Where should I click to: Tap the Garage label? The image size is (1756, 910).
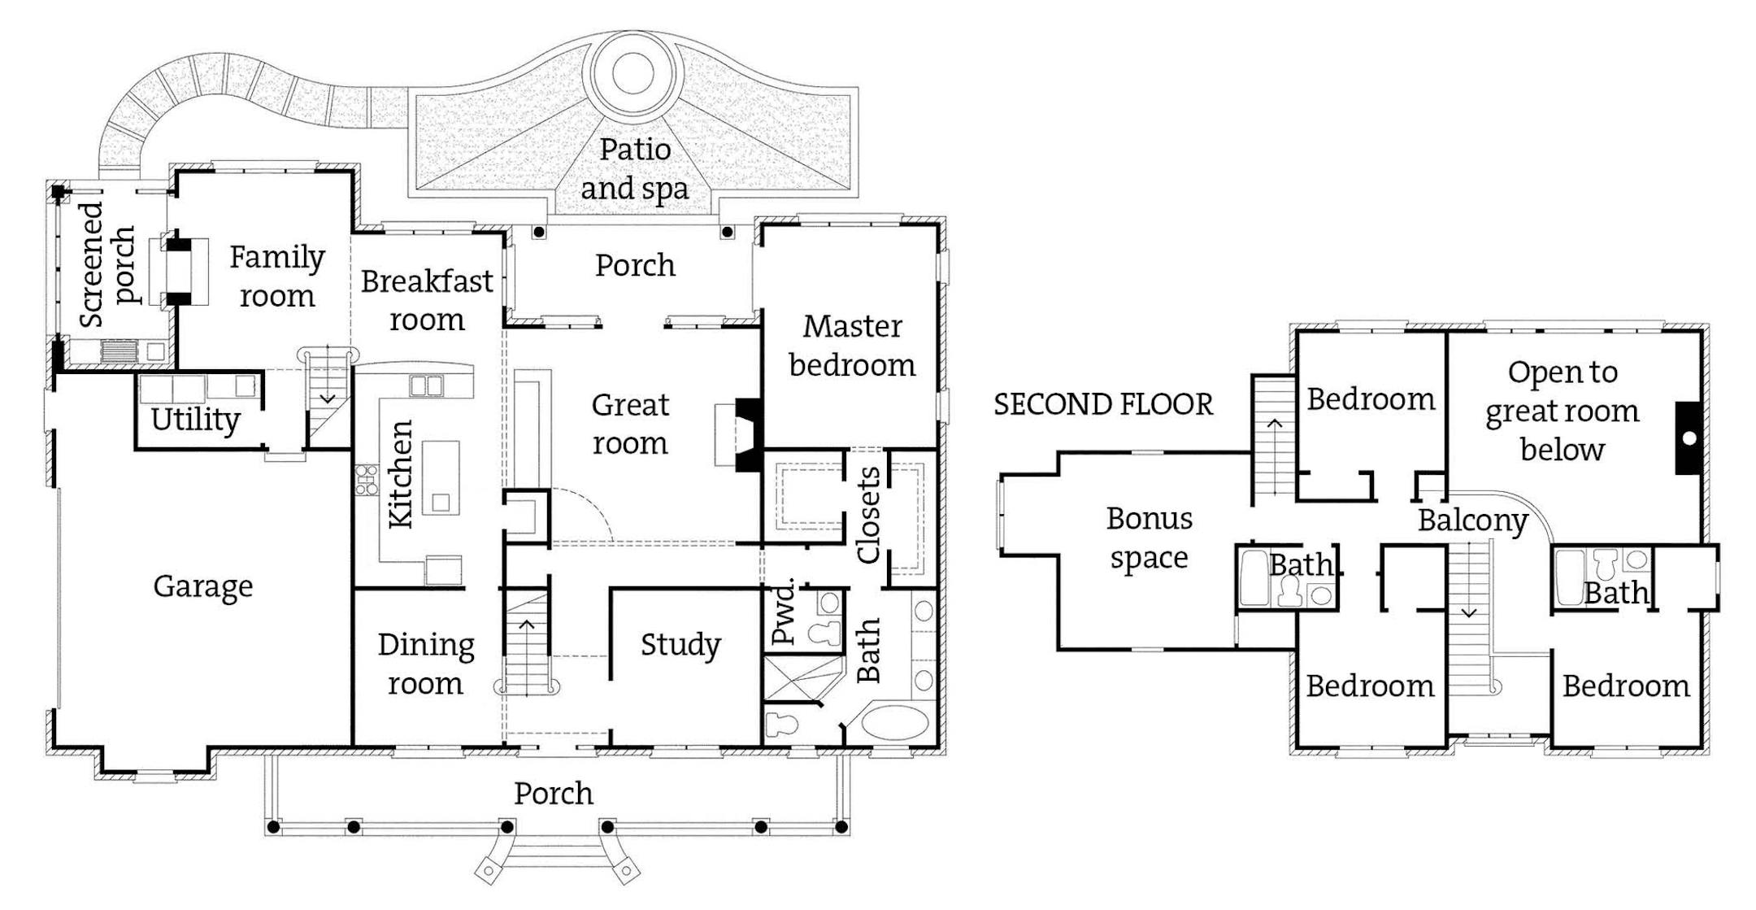click(x=203, y=586)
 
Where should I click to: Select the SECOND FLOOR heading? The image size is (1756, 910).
click(x=1103, y=404)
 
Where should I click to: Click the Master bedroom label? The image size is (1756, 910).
click(x=852, y=346)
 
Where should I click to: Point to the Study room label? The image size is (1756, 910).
click(x=680, y=645)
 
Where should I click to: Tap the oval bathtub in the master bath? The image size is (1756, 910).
click(x=893, y=723)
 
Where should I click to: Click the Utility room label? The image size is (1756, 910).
click(x=195, y=420)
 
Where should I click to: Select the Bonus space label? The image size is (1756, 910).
click(x=1149, y=538)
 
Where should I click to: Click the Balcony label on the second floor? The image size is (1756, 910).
click(x=1472, y=520)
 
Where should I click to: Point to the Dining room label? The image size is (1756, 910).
click(x=425, y=664)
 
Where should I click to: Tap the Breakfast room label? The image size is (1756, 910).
click(x=427, y=300)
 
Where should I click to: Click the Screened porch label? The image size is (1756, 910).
click(x=106, y=264)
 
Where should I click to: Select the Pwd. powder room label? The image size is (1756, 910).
click(x=783, y=612)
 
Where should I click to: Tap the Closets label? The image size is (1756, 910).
click(x=868, y=515)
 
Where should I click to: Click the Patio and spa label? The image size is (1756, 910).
click(x=634, y=168)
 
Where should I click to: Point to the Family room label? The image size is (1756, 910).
click(x=276, y=276)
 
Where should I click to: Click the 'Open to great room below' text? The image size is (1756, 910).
click(x=1562, y=411)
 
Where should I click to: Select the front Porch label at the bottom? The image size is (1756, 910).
click(x=554, y=793)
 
